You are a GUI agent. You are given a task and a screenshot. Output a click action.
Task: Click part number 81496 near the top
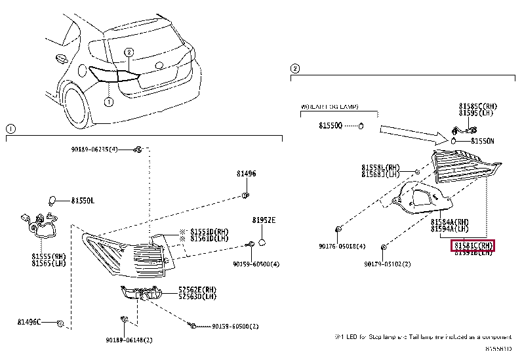coord(247,174)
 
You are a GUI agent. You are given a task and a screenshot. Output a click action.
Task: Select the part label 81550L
coord(83,200)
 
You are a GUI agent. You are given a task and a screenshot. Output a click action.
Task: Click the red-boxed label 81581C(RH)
coord(472,245)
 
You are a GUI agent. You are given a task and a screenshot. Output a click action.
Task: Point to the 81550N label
coord(482,141)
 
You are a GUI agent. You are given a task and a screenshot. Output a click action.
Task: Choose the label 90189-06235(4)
coord(94,150)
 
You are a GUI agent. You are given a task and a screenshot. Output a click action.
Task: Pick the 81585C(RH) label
coord(477,106)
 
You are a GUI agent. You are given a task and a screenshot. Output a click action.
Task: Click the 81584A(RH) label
coord(450,222)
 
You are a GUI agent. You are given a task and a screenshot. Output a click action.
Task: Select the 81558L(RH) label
coord(380,167)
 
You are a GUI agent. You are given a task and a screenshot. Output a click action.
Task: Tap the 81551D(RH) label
coord(210,231)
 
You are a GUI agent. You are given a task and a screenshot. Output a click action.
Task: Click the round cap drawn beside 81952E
coord(262,243)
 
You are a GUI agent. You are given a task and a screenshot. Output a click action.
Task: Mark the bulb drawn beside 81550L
coord(56,199)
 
